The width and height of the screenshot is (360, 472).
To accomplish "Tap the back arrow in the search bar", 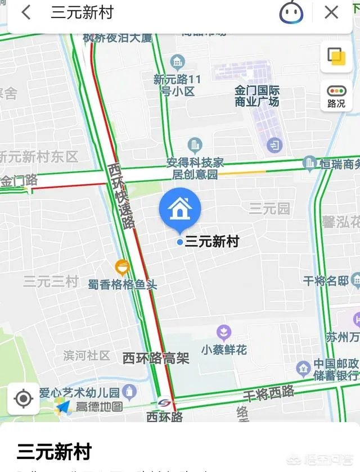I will pos(26,12).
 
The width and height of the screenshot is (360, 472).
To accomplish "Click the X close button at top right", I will pos(331,12).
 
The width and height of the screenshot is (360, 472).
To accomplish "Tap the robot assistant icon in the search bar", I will pos(291,12).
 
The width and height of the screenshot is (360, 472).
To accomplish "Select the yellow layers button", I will pos(336,57).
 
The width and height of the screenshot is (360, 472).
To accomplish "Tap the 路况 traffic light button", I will pos(336,96).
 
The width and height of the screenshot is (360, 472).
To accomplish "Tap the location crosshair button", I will pos(23,399).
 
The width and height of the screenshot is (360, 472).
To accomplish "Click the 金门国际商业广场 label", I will pos(257,96).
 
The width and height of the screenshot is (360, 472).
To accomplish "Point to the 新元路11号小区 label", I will pos(177,85).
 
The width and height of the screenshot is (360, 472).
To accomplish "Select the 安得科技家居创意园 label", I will pos(195,169).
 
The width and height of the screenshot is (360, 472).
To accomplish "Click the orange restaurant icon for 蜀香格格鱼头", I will pos(122,267).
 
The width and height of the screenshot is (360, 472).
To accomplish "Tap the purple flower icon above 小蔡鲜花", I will pos(224,332).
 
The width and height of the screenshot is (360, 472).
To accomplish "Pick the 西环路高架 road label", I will pos(156,358).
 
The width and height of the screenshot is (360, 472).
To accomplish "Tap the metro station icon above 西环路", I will pos(164,402).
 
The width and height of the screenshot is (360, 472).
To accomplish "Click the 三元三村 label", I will pos(51,282).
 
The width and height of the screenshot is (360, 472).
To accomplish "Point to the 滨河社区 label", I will pos(87,356).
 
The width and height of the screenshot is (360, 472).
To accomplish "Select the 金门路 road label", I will pos(19,180).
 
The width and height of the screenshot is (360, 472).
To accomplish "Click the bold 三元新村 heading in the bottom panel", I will pos(54,451).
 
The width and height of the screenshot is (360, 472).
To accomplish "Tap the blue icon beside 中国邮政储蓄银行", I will pos(303,369).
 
